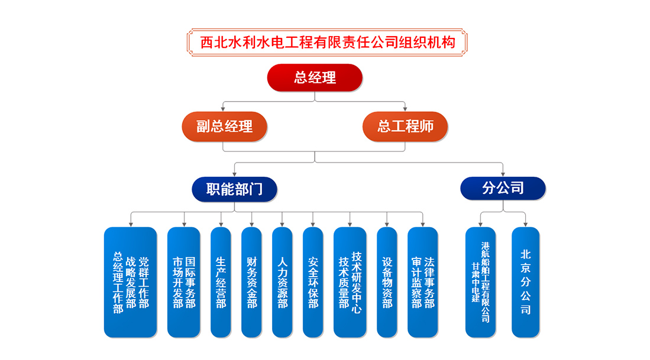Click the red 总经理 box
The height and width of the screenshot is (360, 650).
315,77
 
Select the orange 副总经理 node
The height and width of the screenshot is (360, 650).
224,127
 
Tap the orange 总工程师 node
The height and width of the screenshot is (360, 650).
405,127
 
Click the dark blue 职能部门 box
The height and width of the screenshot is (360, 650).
234,189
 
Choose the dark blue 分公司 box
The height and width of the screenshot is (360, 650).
503,189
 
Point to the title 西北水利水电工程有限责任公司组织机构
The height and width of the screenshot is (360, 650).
328,42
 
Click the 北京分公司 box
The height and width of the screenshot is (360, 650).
526,282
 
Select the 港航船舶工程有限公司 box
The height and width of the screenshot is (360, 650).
480,282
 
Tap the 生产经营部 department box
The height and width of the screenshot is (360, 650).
221,282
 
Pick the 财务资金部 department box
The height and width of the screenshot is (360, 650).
251,282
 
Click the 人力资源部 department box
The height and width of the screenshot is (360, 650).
282,282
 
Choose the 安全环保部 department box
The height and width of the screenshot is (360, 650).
313,282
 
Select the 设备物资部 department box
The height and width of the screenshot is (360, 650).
387,282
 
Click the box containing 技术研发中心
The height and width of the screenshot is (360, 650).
350,282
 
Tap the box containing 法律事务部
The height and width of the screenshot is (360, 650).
423,282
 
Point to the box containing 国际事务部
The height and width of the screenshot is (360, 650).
183,282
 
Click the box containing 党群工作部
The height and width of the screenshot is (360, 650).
131,282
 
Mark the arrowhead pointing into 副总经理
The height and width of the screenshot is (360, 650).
223,109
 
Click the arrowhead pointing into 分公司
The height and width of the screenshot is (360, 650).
503,174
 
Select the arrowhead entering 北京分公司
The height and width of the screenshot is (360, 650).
526,225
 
